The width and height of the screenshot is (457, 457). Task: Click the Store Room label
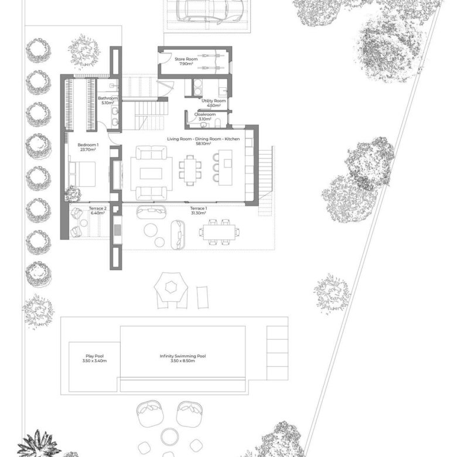click(x=186, y=61)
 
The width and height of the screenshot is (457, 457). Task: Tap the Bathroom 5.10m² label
click(x=108, y=100)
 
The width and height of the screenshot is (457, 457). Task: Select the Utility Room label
click(x=214, y=103)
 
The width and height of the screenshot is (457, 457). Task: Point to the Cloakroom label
click(x=205, y=117)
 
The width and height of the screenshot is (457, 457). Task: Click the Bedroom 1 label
click(x=88, y=147)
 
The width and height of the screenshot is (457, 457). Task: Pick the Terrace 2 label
click(x=98, y=211)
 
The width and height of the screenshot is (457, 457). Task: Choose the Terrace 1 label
click(x=199, y=211)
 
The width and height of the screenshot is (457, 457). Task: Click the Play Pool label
click(x=94, y=358)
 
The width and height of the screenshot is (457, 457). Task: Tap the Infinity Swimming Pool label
click(x=183, y=358)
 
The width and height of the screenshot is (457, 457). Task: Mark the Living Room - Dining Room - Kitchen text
click(x=203, y=139)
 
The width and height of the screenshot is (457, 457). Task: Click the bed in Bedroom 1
click(x=82, y=174)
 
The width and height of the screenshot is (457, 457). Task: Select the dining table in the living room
click(x=190, y=170)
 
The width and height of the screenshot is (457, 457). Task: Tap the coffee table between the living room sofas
click(x=151, y=173)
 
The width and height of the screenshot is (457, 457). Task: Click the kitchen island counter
click(x=226, y=168)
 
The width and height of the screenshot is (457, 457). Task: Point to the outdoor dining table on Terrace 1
click(x=220, y=232)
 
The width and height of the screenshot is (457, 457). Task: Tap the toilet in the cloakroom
click(x=218, y=123)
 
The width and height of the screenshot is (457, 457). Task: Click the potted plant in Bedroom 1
click(x=73, y=193)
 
